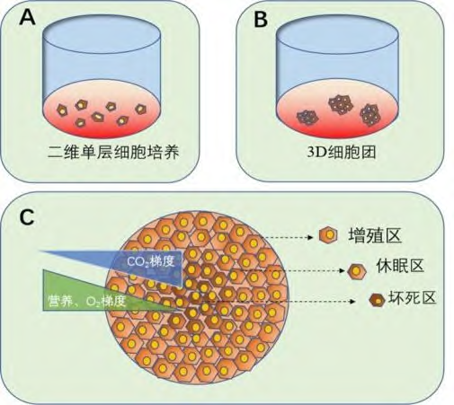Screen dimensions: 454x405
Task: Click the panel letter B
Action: tap(261, 19)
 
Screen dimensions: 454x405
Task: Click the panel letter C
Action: tap(27, 217)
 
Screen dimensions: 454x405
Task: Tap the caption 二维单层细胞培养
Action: tap(113, 153)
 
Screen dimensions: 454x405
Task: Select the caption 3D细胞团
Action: tap(342, 153)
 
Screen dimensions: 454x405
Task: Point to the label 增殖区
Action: tap(375, 235)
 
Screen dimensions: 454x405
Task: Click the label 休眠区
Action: tap(400, 266)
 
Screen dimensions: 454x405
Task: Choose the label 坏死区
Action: tap(412, 298)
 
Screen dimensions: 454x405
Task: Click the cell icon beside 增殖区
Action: tap(328, 235)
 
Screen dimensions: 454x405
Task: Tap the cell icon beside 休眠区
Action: tap(357, 271)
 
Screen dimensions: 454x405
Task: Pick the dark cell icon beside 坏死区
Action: tap(377, 300)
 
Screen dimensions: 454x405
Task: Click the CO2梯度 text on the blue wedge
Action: tap(151, 261)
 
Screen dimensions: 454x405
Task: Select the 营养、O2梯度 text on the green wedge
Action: tap(86, 301)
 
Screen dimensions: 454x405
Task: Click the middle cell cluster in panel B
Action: tap(340, 105)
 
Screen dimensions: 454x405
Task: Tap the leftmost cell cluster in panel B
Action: tap(307, 117)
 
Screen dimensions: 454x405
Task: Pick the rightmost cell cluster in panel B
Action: tap(370, 115)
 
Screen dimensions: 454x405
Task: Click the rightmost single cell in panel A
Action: tap(140, 110)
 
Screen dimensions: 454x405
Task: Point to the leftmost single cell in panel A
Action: tap(62, 110)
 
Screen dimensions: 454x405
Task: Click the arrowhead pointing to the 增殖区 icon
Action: tap(311, 237)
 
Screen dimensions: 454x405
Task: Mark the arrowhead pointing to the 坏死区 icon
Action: tap(352, 301)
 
